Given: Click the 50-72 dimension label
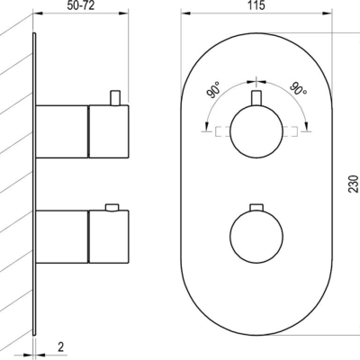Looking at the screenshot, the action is [81, 5].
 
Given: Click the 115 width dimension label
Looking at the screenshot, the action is [256, 5].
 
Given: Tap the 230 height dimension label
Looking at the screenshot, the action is [354, 184].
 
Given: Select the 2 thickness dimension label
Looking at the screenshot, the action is [61, 347].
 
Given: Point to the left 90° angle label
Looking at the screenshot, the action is [214, 91].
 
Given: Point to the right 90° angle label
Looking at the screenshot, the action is [298, 88].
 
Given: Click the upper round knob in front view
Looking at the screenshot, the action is [256, 131].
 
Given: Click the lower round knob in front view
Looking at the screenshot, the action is [256, 237].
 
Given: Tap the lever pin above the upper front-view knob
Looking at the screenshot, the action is [256, 98].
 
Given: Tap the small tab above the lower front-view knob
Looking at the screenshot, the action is [256, 207].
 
